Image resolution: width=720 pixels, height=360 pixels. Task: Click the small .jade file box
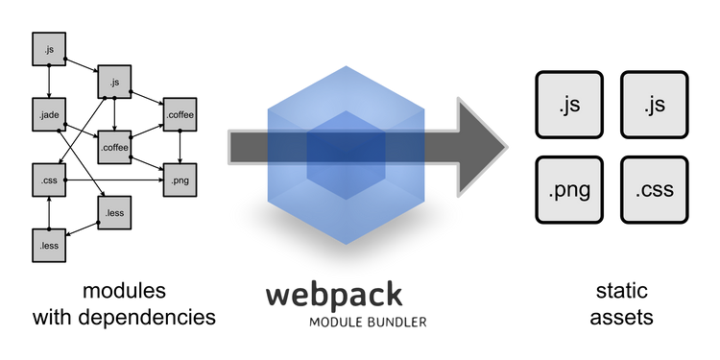point(49,114)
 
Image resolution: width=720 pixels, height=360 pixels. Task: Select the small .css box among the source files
point(49,180)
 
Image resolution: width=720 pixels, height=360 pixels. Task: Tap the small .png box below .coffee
point(180,180)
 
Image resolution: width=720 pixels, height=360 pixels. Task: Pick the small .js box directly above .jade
point(49,49)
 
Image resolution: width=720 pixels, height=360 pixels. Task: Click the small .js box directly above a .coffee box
point(114,82)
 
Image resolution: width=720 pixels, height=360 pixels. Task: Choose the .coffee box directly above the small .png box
point(180,114)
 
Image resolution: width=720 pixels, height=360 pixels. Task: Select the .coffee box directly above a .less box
point(114,147)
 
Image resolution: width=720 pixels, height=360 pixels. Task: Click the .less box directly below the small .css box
point(49,245)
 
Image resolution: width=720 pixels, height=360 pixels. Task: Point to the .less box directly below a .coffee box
point(114,212)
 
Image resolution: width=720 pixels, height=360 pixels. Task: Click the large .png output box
point(569,190)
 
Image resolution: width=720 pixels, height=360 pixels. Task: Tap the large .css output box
point(655,190)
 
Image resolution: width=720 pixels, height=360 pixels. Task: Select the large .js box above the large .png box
point(569,105)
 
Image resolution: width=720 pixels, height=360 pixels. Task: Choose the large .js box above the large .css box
point(655,105)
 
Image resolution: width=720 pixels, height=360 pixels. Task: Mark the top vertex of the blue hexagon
point(347,61)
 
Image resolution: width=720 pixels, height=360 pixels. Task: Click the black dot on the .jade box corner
point(64,130)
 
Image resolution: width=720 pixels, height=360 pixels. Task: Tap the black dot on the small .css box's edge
point(64,180)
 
